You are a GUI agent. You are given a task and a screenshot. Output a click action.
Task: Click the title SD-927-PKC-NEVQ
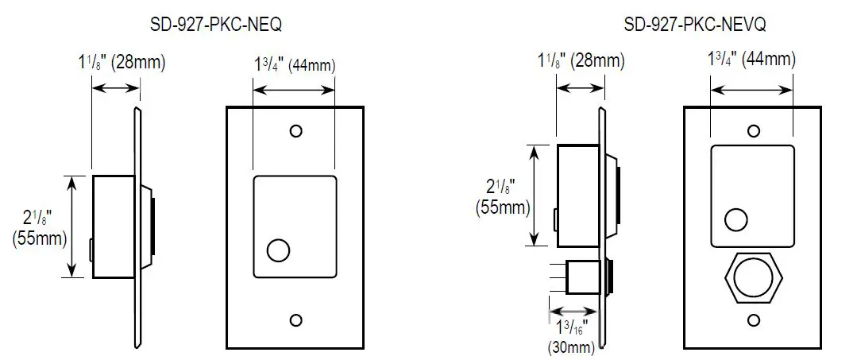click(684, 25)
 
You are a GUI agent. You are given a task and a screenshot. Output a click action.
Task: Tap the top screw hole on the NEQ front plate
click(296, 130)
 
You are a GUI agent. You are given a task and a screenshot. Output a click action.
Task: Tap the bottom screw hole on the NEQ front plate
click(296, 320)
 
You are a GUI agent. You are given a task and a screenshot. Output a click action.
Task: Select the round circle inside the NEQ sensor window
click(279, 251)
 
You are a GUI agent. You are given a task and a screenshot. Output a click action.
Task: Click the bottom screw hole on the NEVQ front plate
click(752, 321)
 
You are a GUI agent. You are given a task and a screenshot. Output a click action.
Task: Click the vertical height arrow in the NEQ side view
click(74, 226)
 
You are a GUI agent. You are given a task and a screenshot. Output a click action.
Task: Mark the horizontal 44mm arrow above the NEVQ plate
click(751, 92)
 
